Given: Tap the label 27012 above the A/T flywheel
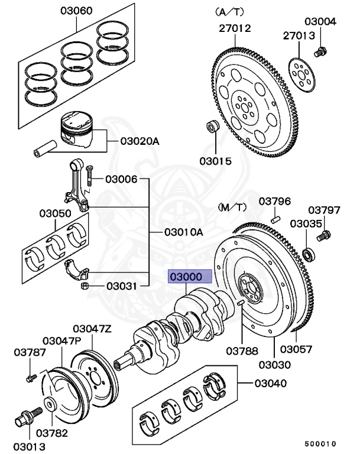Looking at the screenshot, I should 234,28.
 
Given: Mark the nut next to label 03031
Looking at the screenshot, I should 85,287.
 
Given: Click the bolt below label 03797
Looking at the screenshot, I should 323,236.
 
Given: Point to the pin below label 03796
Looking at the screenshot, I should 275,219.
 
